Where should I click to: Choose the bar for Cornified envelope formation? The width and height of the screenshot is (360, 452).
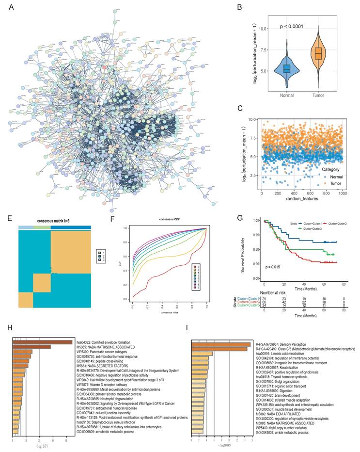[x=43, y=342]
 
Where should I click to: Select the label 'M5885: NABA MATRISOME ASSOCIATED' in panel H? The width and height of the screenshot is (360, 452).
[x=104, y=347]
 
